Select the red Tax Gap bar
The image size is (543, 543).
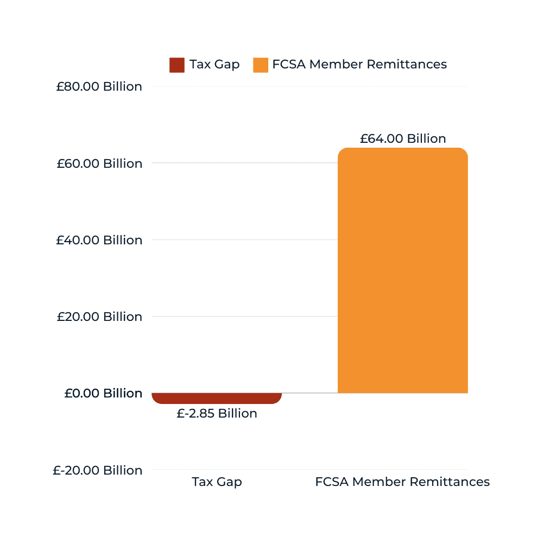217,398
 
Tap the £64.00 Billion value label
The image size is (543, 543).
402,138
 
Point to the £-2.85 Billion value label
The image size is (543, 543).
217,414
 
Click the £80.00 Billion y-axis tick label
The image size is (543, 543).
99,87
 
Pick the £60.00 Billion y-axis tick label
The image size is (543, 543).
99,163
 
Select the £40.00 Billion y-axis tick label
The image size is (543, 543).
99,240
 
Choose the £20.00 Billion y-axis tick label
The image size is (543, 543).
99,317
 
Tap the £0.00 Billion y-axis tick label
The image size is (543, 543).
103,393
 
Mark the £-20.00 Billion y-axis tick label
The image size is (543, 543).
97,470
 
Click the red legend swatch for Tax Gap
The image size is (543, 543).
177,65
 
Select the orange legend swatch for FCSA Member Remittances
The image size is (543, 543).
261,65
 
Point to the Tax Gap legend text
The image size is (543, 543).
214,65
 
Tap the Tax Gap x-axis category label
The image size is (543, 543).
217,482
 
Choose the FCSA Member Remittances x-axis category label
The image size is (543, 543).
402,482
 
